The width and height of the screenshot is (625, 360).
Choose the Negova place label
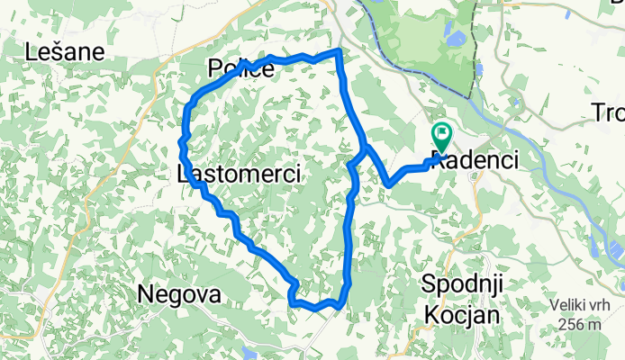(178, 294)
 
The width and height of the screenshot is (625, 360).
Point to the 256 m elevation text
(577, 324)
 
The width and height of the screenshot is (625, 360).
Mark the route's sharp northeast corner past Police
(339, 51)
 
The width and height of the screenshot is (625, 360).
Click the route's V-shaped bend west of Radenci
(389, 184)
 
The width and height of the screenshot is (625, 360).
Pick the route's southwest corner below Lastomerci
(293, 303)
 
